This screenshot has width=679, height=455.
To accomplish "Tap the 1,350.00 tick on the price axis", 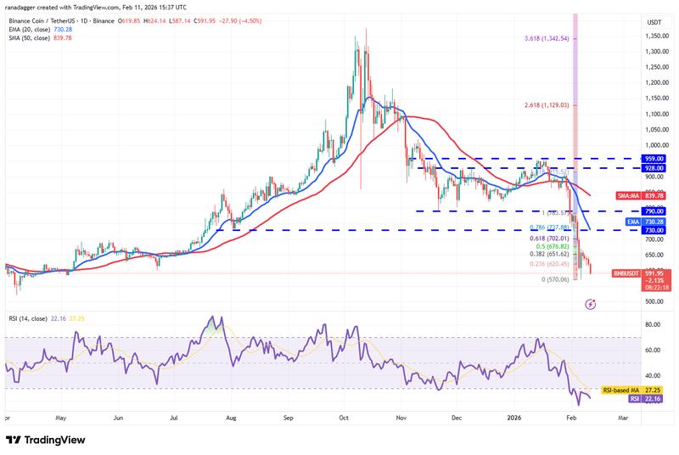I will tap(654, 37).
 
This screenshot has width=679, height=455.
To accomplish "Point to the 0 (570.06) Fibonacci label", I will tap(556, 279).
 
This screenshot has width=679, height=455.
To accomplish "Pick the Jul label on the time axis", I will tap(175, 418).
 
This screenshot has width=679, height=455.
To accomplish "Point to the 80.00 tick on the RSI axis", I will tap(653, 324).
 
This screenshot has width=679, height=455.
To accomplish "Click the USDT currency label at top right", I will tap(654, 22).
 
